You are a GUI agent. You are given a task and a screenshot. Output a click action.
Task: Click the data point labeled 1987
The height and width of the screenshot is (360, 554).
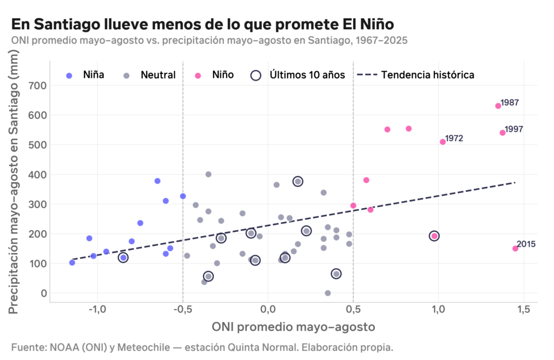(x=498, y=106)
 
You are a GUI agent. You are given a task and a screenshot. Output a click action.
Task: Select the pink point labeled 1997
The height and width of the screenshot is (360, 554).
(x=502, y=132)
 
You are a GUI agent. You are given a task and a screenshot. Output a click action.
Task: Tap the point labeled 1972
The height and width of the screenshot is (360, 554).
(x=443, y=142)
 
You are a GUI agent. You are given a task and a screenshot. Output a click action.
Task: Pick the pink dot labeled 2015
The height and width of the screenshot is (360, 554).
(x=515, y=249)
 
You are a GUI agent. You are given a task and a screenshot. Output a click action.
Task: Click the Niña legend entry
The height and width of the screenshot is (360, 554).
(x=85, y=75)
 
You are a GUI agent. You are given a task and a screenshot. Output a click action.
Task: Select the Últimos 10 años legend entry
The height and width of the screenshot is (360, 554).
(x=299, y=75)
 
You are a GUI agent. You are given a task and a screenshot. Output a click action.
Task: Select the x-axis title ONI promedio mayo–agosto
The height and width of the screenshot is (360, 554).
(x=293, y=327)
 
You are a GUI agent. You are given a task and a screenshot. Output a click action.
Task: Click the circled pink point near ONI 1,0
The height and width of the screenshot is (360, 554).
(x=434, y=236)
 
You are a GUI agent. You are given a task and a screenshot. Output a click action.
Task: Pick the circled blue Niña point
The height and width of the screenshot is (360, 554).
(x=123, y=258)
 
